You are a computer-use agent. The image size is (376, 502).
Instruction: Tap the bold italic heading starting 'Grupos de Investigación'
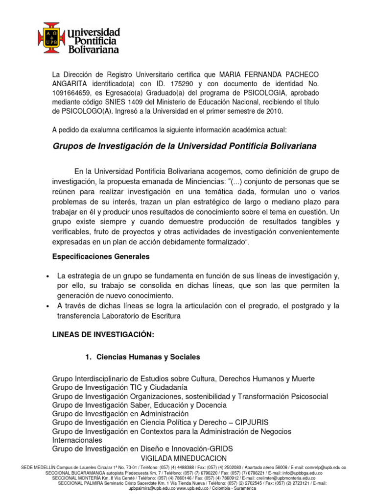(184, 147)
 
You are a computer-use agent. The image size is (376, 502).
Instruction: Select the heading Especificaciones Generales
(101, 256)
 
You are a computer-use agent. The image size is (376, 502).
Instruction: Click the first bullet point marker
(46, 276)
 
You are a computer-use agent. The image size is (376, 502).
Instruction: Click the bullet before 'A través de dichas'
(46, 306)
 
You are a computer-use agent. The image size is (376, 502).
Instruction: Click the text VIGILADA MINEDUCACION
(188, 457)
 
